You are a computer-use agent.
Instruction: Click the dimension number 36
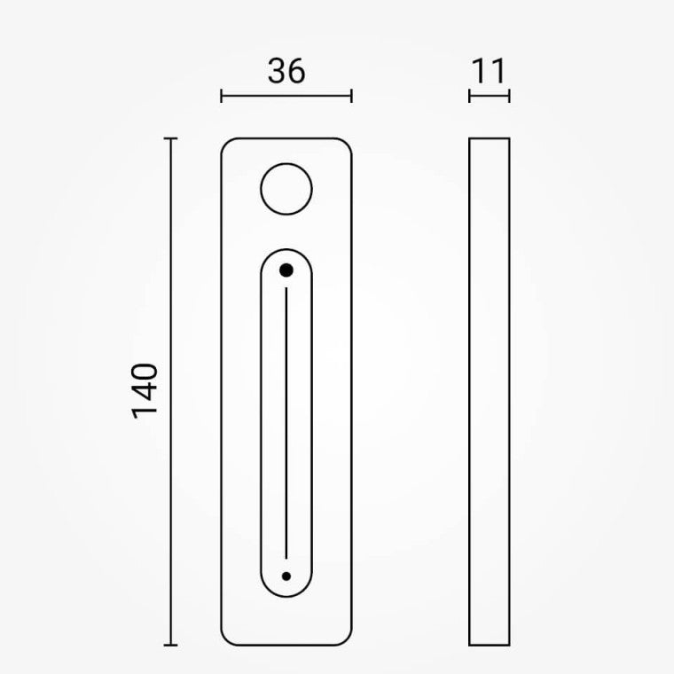pyautogui.click(x=286, y=71)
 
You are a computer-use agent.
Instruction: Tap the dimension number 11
pyautogui.click(x=489, y=71)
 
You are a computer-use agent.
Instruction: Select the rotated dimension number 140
pyautogui.click(x=145, y=391)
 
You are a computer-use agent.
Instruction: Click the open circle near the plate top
pyautogui.click(x=286, y=163)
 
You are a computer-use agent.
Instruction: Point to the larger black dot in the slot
pyautogui.click(x=286, y=270)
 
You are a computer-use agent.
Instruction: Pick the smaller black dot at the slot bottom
pyautogui.click(x=286, y=576)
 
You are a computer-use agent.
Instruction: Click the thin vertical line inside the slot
pyautogui.click(x=286, y=423)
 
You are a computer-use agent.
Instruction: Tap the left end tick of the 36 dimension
pyautogui.click(x=221, y=96)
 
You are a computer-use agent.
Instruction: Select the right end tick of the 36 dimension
pyautogui.click(x=351, y=96)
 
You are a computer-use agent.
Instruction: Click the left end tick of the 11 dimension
pyautogui.click(x=469, y=96)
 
